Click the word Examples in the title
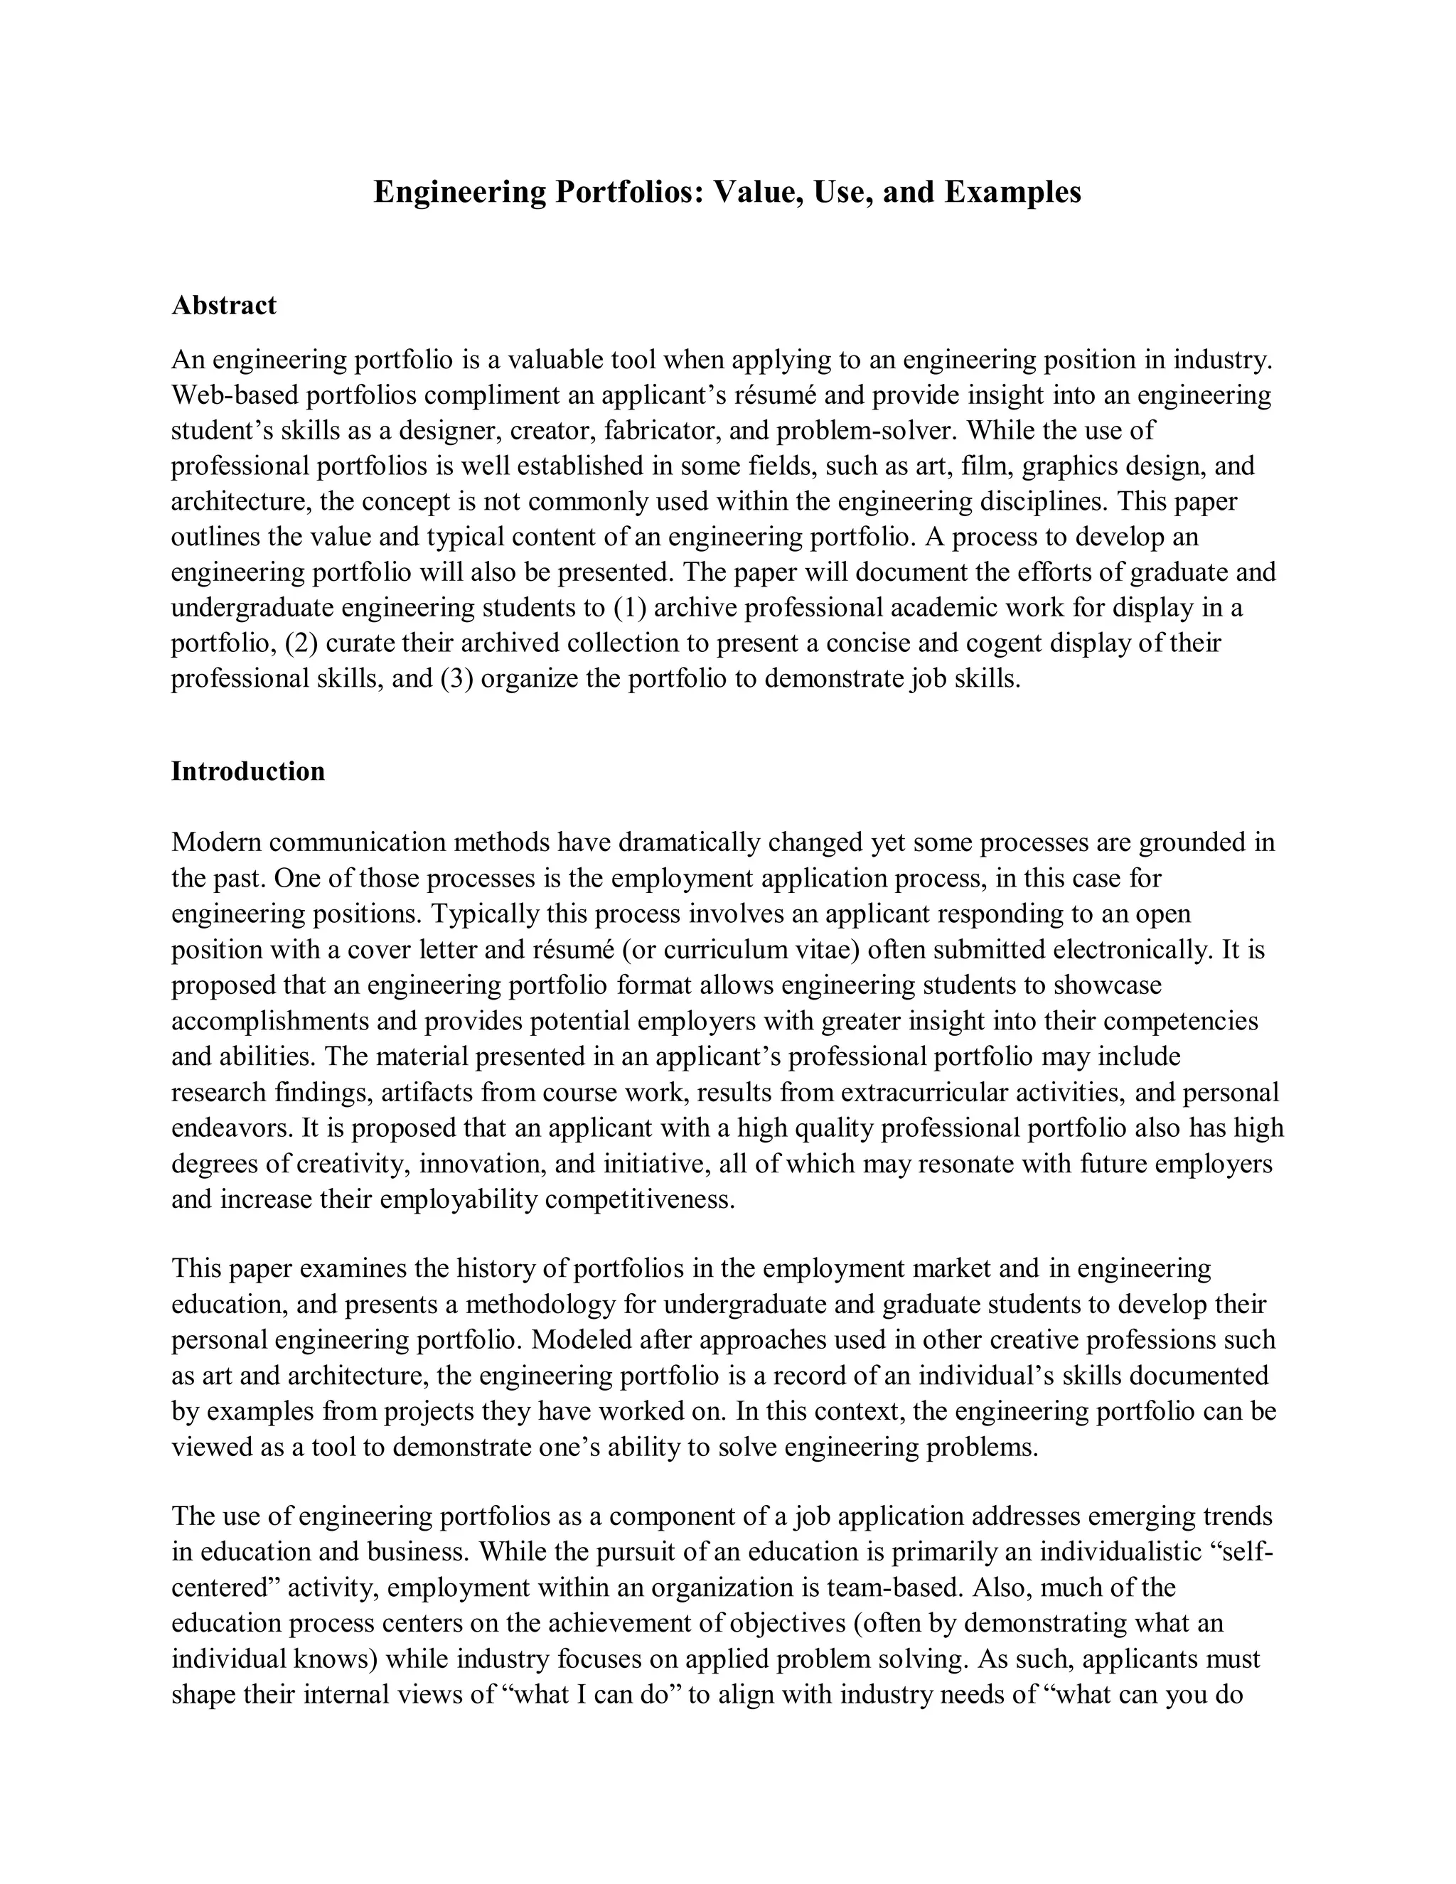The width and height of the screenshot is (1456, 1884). [1012, 191]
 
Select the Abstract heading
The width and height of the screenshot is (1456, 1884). [224, 306]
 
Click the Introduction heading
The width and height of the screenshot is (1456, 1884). [248, 771]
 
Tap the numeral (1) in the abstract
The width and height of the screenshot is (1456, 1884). [630, 607]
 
